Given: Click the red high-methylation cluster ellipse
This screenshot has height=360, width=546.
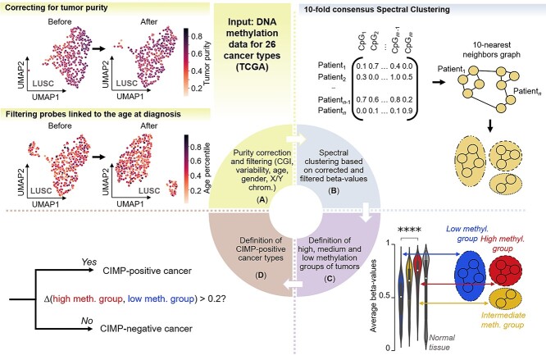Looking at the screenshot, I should tap(510, 267).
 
